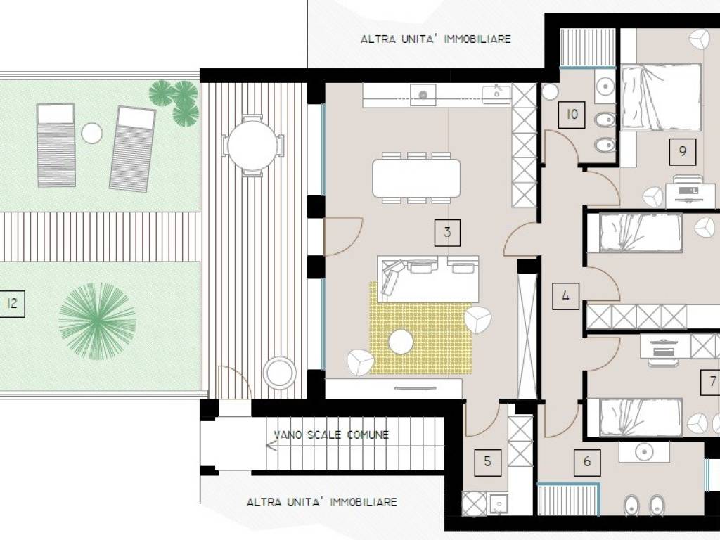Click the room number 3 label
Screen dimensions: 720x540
pyautogui.click(x=447, y=232)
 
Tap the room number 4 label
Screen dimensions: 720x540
pyautogui.click(x=565, y=296)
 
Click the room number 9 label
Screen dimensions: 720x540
pyautogui.click(x=682, y=151)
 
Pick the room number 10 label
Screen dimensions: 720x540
pyautogui.click(x=572, y=115)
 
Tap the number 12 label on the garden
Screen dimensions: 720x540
pyautogui.click(x=12, y=304)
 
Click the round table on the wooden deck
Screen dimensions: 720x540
pyautogui.click(x=252, y=146)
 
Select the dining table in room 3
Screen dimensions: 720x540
pyautogui.click(x=416, y=178)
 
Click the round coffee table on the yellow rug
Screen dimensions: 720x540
pyautogui.click(x=400, y=342)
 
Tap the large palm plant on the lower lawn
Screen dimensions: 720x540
pyautogui.click(x=97, y=321)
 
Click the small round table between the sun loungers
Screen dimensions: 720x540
pyautogui.click(x=92, y=133)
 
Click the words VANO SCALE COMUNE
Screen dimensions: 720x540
pyautogui.click(x=331, y=435)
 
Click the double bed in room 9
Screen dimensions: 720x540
pyautogui.click(x=662, y=97)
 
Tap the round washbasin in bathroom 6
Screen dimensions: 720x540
pyautogui.click(x=644, y=452)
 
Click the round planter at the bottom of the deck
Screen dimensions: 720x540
pyautogui.click(x=279, y=373)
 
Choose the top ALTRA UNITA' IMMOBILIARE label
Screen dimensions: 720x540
pyautogui.click(x=436, y=39)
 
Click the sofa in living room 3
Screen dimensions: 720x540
pyautogui.click(x=428, y=278)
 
